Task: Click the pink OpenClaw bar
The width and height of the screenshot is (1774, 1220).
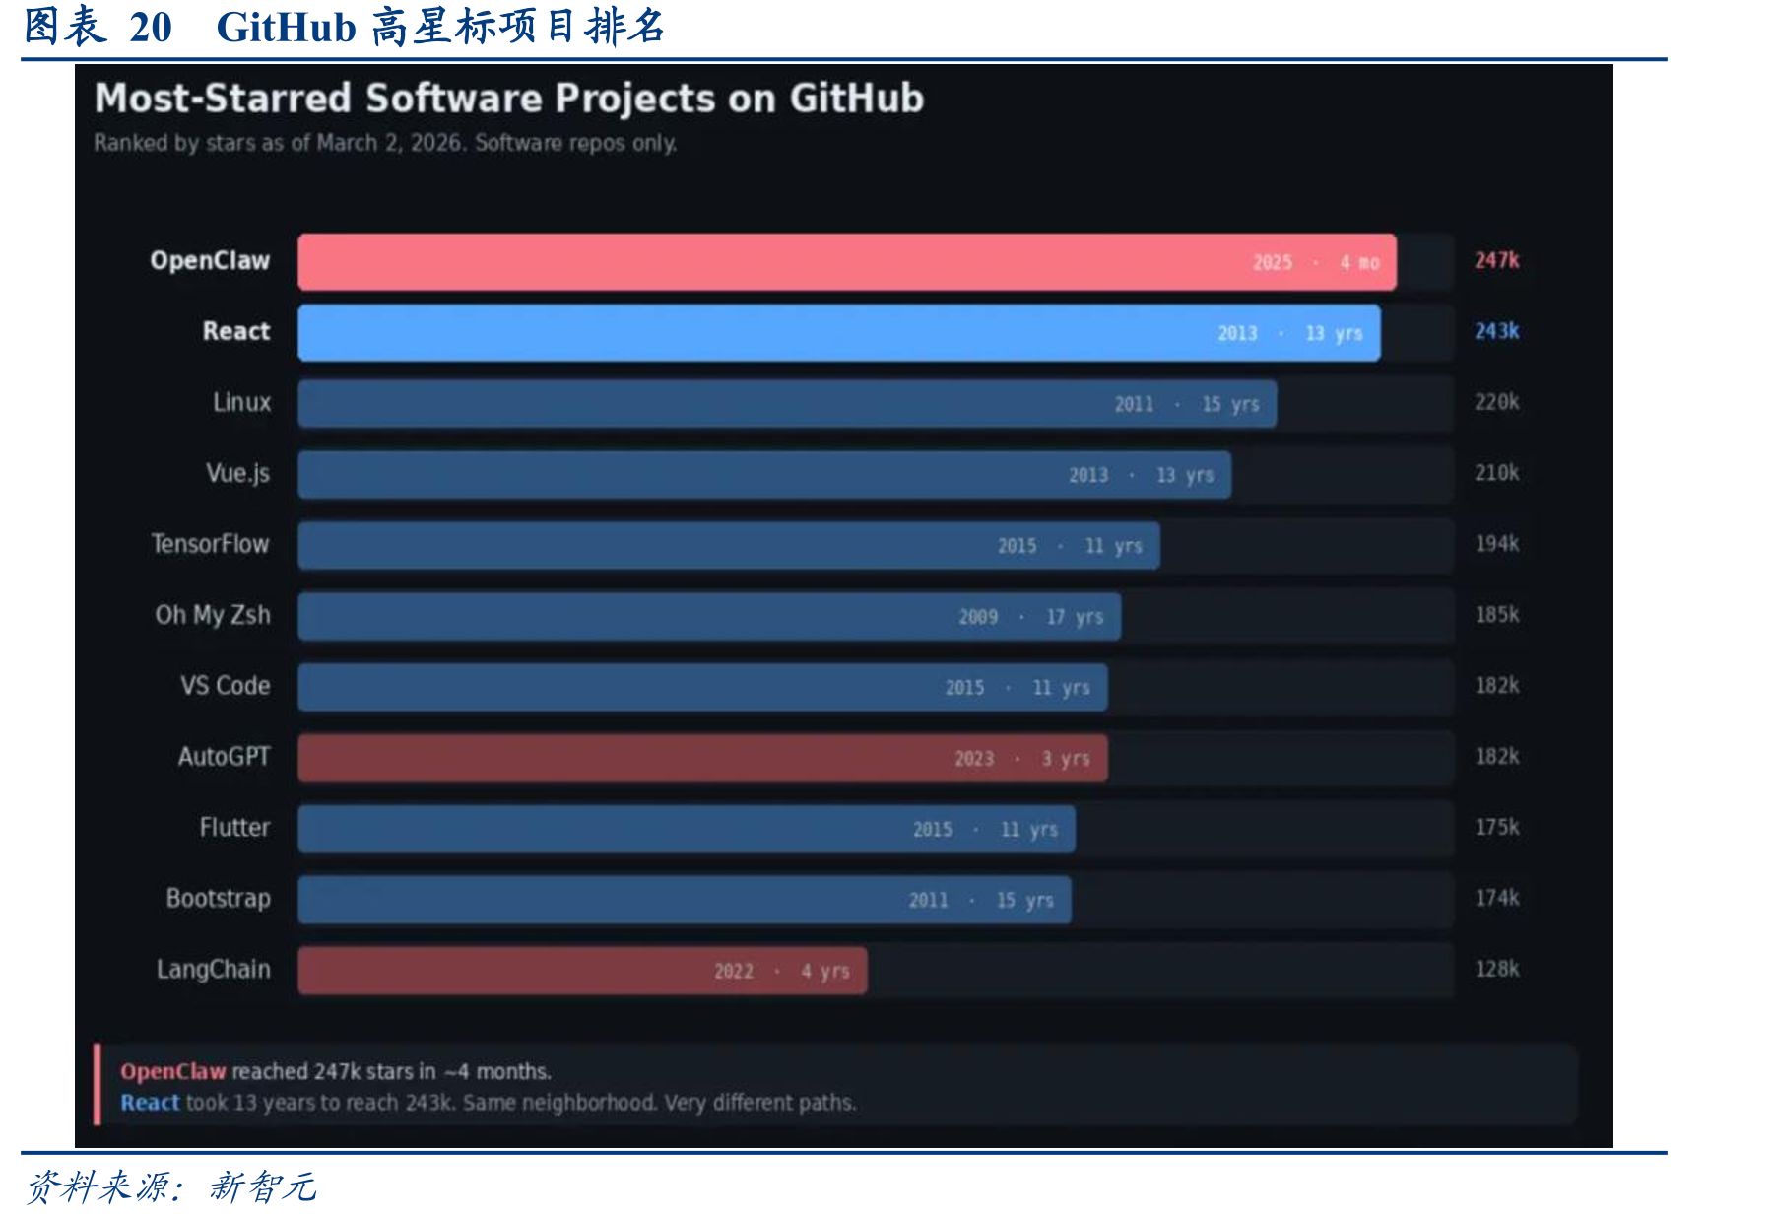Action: click(847, 262)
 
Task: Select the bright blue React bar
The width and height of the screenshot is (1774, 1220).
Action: click(839, 333)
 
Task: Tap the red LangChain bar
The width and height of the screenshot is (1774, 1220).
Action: click(583, 971)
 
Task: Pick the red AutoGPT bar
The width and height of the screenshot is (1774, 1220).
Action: click(703, 758)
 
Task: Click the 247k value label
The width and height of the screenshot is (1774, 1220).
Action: click(1496, 260)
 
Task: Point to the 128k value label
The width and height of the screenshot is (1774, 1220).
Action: click(1496, 969)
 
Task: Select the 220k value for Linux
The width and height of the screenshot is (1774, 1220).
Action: click(1496, 402)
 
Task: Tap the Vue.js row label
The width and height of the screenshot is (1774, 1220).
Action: click(237, 474)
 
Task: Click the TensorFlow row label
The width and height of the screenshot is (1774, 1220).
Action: click(210, 544)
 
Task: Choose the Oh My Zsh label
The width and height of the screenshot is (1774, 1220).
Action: click(213, 615)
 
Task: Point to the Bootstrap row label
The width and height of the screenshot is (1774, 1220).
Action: click(219, 899)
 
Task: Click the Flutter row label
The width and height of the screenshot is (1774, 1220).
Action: click(234, 827)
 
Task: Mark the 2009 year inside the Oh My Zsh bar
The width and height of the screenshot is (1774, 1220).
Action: click(978, 617)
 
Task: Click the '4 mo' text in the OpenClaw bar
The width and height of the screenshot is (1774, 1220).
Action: click(1359, 263)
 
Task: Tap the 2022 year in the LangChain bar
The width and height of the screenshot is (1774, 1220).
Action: click(734, 972)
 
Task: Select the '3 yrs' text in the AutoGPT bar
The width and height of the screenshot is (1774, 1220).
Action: click(1066, 759)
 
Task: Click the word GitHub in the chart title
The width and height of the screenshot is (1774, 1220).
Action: click(857, 99)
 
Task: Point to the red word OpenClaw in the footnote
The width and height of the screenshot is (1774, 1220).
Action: click(173, 1071)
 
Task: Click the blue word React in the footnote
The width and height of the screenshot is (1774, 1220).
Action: click(150, 1103)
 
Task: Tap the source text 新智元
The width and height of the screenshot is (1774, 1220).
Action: click(262, 1186)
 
